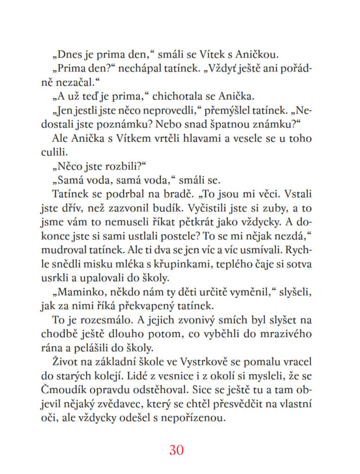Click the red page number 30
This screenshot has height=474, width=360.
coord(177,449)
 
